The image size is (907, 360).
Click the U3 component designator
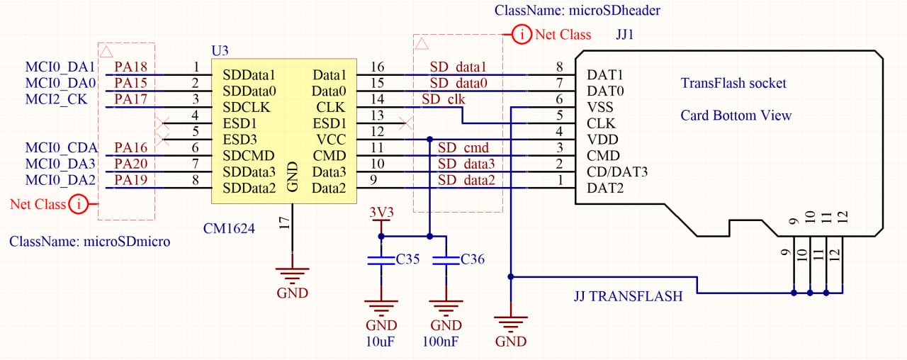coord(220,51)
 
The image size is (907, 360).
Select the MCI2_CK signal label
coord(56,99)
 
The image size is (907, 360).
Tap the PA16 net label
coord(130,148)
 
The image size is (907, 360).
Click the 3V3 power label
coord(382,212)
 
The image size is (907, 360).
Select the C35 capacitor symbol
coord(381,261)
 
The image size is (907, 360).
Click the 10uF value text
coord(381,342)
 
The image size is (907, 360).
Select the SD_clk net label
coord(443,99)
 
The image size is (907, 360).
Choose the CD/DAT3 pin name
coord(617,172)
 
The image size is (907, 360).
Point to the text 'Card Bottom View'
coord(736,116)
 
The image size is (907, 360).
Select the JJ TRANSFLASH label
coord(628,296)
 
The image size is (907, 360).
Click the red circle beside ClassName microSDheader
coord(522,34)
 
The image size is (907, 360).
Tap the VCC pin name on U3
coord(330,140)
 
